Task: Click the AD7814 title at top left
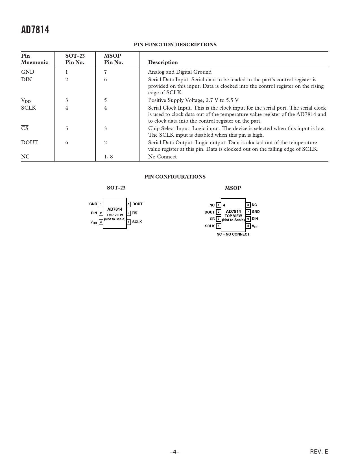point(35,30)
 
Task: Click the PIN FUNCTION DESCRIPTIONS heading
point(175,45)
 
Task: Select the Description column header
point(163,62)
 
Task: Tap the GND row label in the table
point(28,72)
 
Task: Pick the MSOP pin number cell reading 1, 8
point(108,157)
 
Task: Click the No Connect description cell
point(162,157)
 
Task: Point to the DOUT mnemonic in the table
point(30,143)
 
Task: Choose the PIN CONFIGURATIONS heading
point(175,177)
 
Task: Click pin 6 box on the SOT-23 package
point(128,204)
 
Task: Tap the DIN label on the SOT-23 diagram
point(94,213)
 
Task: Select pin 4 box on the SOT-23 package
point(128,222)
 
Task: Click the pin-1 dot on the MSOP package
point(224,205)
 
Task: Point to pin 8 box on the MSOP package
point(248,205)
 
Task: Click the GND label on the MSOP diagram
point(256,212)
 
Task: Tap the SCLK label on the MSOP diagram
point(210,226)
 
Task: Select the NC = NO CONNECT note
point(233,234)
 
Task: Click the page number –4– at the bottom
point(175,452)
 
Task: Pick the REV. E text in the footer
point(319,452)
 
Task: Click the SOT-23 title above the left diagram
point(116,188)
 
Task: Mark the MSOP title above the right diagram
point(233,188)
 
